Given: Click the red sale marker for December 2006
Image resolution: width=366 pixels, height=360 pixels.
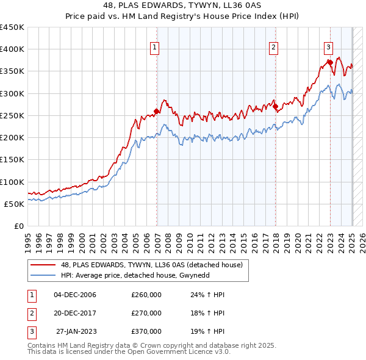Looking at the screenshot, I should [x=157, y=111].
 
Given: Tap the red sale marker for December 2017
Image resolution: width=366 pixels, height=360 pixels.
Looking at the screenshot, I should [x=276, y=106].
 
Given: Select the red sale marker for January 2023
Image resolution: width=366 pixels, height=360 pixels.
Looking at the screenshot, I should [x=330, y=62].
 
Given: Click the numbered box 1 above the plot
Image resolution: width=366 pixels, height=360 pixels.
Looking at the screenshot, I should [x=154, y=47].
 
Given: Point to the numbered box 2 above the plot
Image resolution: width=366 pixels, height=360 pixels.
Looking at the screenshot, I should [x=274, y=47].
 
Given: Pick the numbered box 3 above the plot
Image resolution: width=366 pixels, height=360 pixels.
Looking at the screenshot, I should [x=328, y=47].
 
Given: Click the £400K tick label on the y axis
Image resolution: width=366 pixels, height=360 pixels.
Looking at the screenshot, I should [x=12, y=49].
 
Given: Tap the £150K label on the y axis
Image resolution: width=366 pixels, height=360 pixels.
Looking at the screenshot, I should [x=12, y=160].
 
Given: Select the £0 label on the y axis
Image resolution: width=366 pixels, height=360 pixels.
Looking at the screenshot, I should [x=19, y=226].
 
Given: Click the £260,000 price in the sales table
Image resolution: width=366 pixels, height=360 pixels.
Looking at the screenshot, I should [x=146, y=295].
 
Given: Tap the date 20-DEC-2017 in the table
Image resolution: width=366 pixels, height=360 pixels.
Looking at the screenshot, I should [x=75, y=313].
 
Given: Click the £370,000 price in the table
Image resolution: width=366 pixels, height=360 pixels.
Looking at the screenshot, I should [x=146, y=331].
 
